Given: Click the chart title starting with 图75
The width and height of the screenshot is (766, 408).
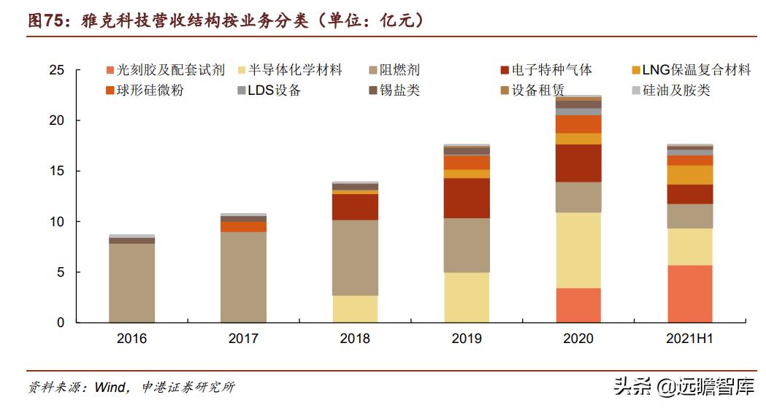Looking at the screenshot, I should click(226, 21).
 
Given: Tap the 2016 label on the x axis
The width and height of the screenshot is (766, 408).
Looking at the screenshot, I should click(131, 339).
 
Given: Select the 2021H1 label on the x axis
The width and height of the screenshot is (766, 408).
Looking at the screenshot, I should click(689, 339).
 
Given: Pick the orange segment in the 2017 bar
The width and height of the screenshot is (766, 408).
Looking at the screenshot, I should click(243, 227).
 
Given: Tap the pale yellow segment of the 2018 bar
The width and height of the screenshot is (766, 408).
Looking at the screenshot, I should click(355, 309).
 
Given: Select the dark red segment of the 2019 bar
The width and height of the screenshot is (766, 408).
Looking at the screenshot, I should click(467, 198).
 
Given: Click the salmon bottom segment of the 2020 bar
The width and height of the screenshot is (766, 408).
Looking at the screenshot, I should click(578, 305).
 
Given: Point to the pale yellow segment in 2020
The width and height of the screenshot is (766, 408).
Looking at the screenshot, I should click(578, 250).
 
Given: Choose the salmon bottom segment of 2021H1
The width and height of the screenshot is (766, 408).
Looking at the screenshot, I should click(690, 293).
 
